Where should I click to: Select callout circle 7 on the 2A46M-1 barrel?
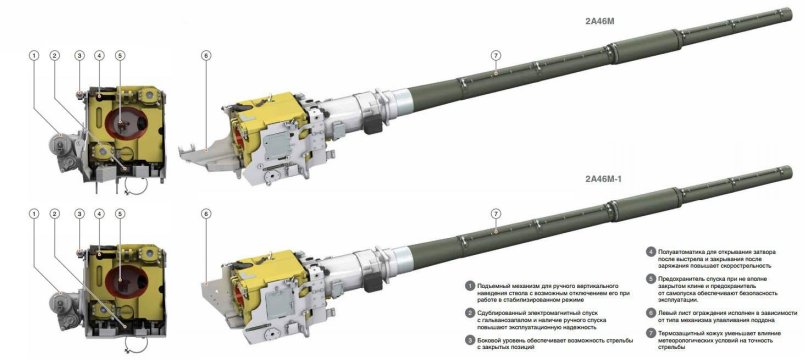(x=495, y=214)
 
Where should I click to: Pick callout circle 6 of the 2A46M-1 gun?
(x=205, y=214)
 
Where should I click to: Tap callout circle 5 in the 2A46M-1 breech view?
(x=120, y=214)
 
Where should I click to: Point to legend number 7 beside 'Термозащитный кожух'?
(x=650, y=330)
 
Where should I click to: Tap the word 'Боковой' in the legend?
(x=496, y=338)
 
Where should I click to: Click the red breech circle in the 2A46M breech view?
(x=125, y=122)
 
